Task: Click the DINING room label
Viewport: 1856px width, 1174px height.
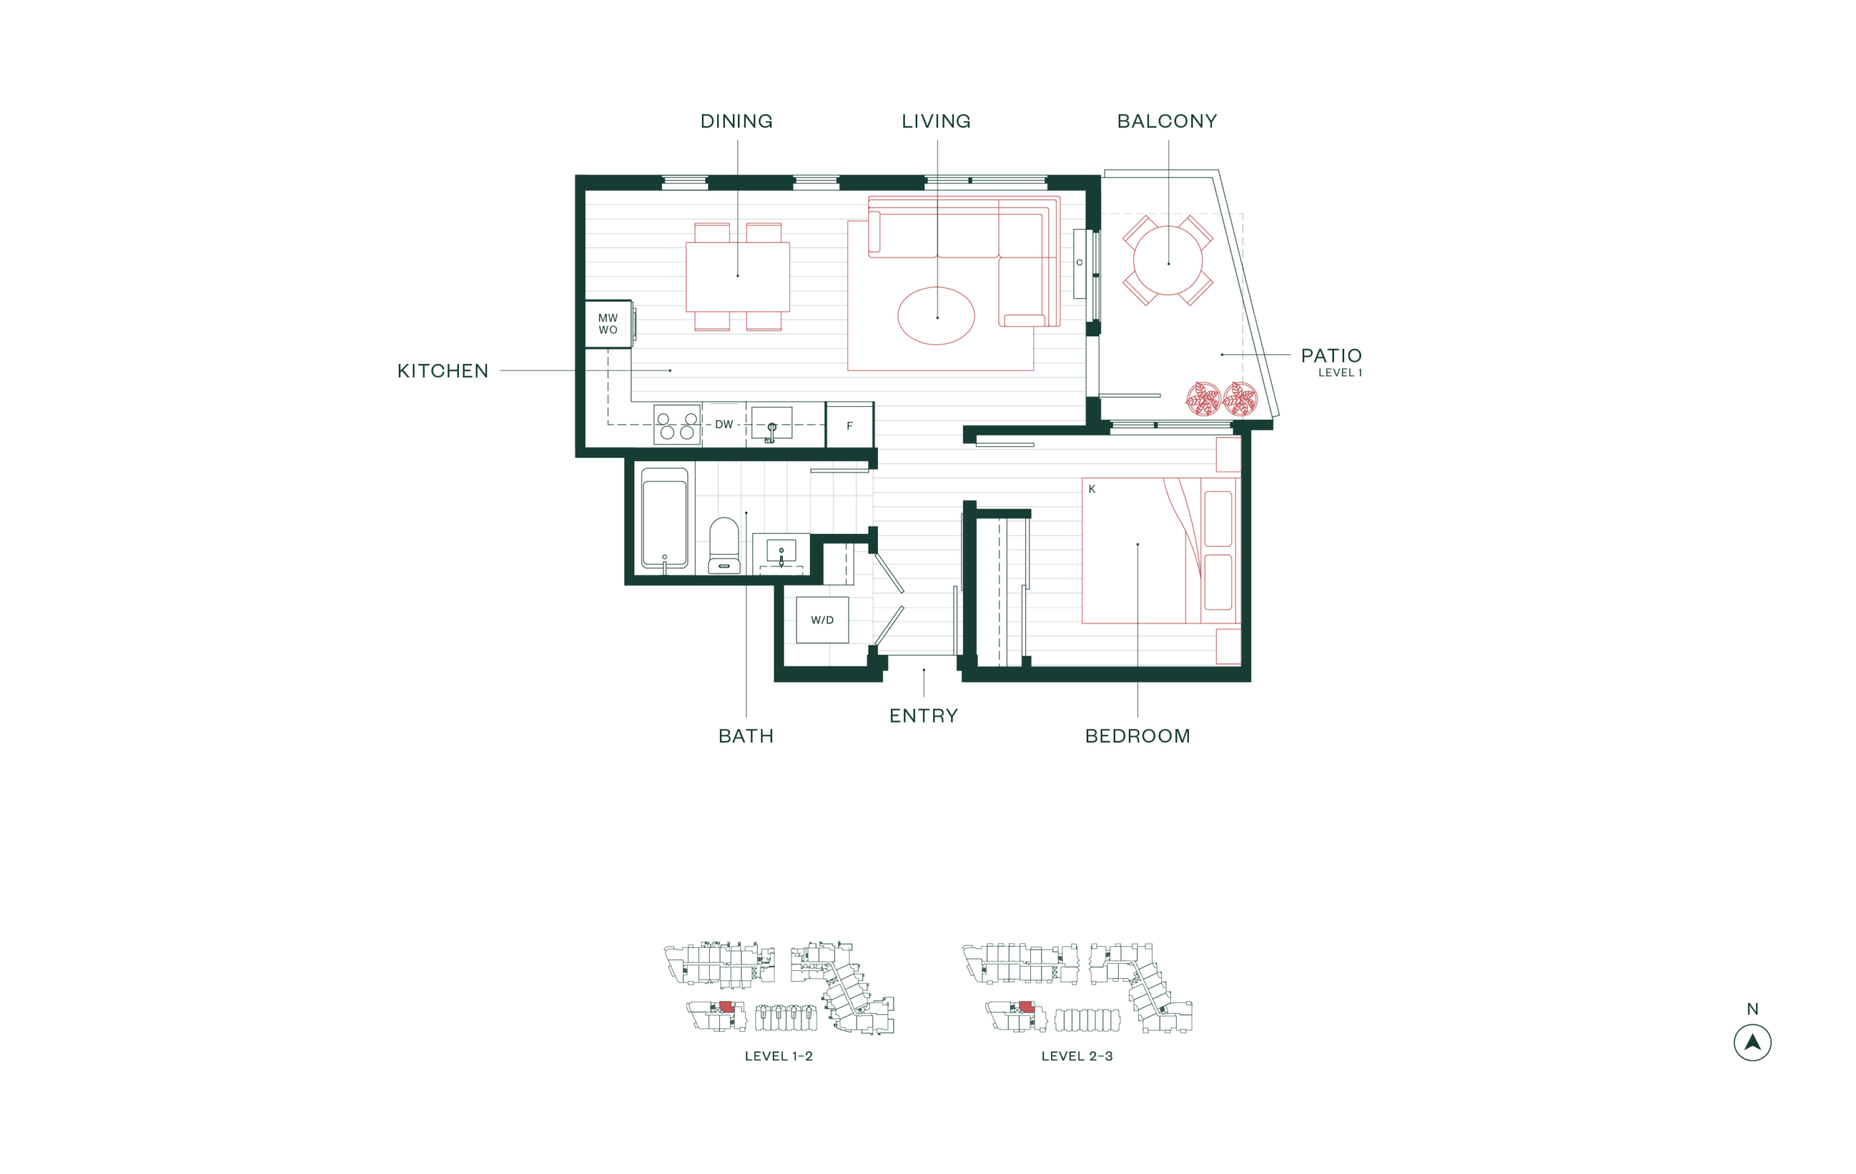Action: [736, 121]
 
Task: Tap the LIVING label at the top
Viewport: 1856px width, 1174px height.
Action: [936, 121]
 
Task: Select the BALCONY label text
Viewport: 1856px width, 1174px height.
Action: [1167, 121]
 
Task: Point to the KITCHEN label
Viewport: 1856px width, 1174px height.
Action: [442, 371]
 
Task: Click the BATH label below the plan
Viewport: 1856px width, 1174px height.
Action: [745, 736]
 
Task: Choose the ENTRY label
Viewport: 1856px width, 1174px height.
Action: [924, 716]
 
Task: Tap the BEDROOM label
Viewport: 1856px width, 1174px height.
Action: [1138, 736]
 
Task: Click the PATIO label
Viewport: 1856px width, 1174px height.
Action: [1331, 355]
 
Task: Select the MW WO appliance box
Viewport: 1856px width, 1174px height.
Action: [608, 323]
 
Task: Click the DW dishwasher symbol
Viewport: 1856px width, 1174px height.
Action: [724, 425]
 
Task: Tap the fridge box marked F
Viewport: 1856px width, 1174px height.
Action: [850, 426]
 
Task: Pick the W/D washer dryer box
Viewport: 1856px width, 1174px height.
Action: [821, 620]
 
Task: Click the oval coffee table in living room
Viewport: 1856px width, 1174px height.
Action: [936, 315]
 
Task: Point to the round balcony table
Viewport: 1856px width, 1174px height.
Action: [1168, 260]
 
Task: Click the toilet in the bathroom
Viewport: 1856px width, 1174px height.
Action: [724, 545]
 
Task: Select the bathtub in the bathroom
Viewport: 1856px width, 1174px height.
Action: [664, 518]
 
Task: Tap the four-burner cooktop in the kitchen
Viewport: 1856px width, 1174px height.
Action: [676, 425]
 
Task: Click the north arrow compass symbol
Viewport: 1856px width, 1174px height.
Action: [1752, 1043]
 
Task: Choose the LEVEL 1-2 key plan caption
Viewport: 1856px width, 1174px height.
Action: [779, 1056]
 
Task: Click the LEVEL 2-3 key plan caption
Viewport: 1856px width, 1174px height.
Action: [1077, 1056]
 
